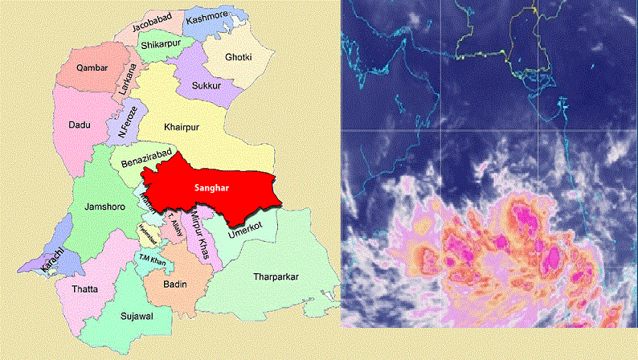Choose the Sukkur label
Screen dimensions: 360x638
[207, 84]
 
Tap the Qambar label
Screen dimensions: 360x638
[92, 68]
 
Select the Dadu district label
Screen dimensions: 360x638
[78, 125]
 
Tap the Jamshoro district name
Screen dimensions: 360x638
[103, 207]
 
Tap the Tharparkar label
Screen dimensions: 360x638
[276, 277]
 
